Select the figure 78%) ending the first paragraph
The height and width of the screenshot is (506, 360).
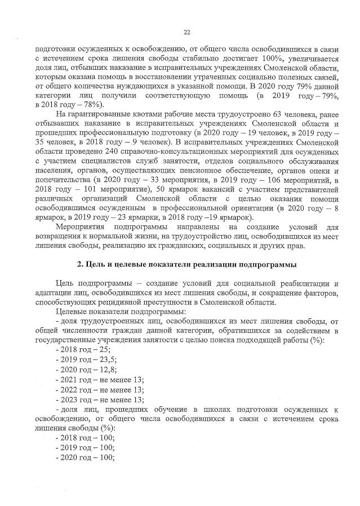point(90,104)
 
